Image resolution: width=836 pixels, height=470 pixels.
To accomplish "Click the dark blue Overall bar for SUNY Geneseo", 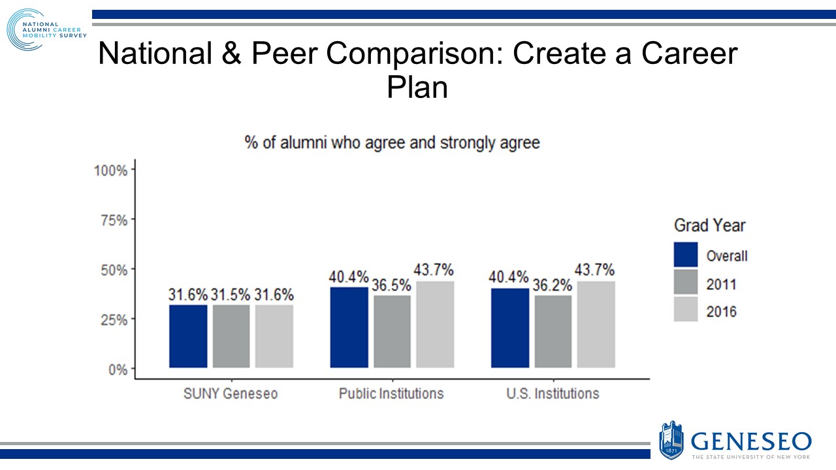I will (x=188, y=336).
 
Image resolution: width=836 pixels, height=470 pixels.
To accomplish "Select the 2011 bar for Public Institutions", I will (x=392, y=332).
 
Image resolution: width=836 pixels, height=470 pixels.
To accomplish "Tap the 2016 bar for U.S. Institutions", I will (x=596, y=324).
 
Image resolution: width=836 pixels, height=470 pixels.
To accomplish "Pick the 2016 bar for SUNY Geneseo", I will (x=274, y=336).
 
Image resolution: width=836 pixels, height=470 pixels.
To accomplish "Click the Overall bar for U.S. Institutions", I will (x=509, y=328).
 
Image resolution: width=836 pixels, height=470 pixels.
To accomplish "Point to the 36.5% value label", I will (x=392, y=285).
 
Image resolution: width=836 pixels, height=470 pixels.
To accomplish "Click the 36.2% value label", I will (x=553, y=285).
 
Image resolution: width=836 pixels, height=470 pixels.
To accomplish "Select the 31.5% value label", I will (x=231, y=294).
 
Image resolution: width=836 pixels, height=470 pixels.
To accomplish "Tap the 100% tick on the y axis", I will (x=111, y=170).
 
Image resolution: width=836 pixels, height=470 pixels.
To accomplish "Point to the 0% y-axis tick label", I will (x=117, y=369).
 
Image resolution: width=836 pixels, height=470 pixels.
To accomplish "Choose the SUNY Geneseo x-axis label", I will (x=231, y=394).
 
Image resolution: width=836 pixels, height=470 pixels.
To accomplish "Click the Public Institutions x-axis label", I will (x=391, y=394).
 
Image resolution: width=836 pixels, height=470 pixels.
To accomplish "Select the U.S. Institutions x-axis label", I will (x=553, y=394).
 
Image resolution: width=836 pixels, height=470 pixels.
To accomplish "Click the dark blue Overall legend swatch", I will (x=685, y=255).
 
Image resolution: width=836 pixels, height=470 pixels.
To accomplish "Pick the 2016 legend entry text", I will (x=721, y=312).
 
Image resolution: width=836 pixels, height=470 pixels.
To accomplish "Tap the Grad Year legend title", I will (x=709, y=226).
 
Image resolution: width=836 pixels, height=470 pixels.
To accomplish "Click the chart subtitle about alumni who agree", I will (x=392, y=142).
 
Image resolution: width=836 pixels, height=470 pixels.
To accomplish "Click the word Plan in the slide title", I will (x=417, y=87).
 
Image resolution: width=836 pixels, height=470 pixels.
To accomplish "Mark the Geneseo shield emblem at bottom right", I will (x=671, y=439).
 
